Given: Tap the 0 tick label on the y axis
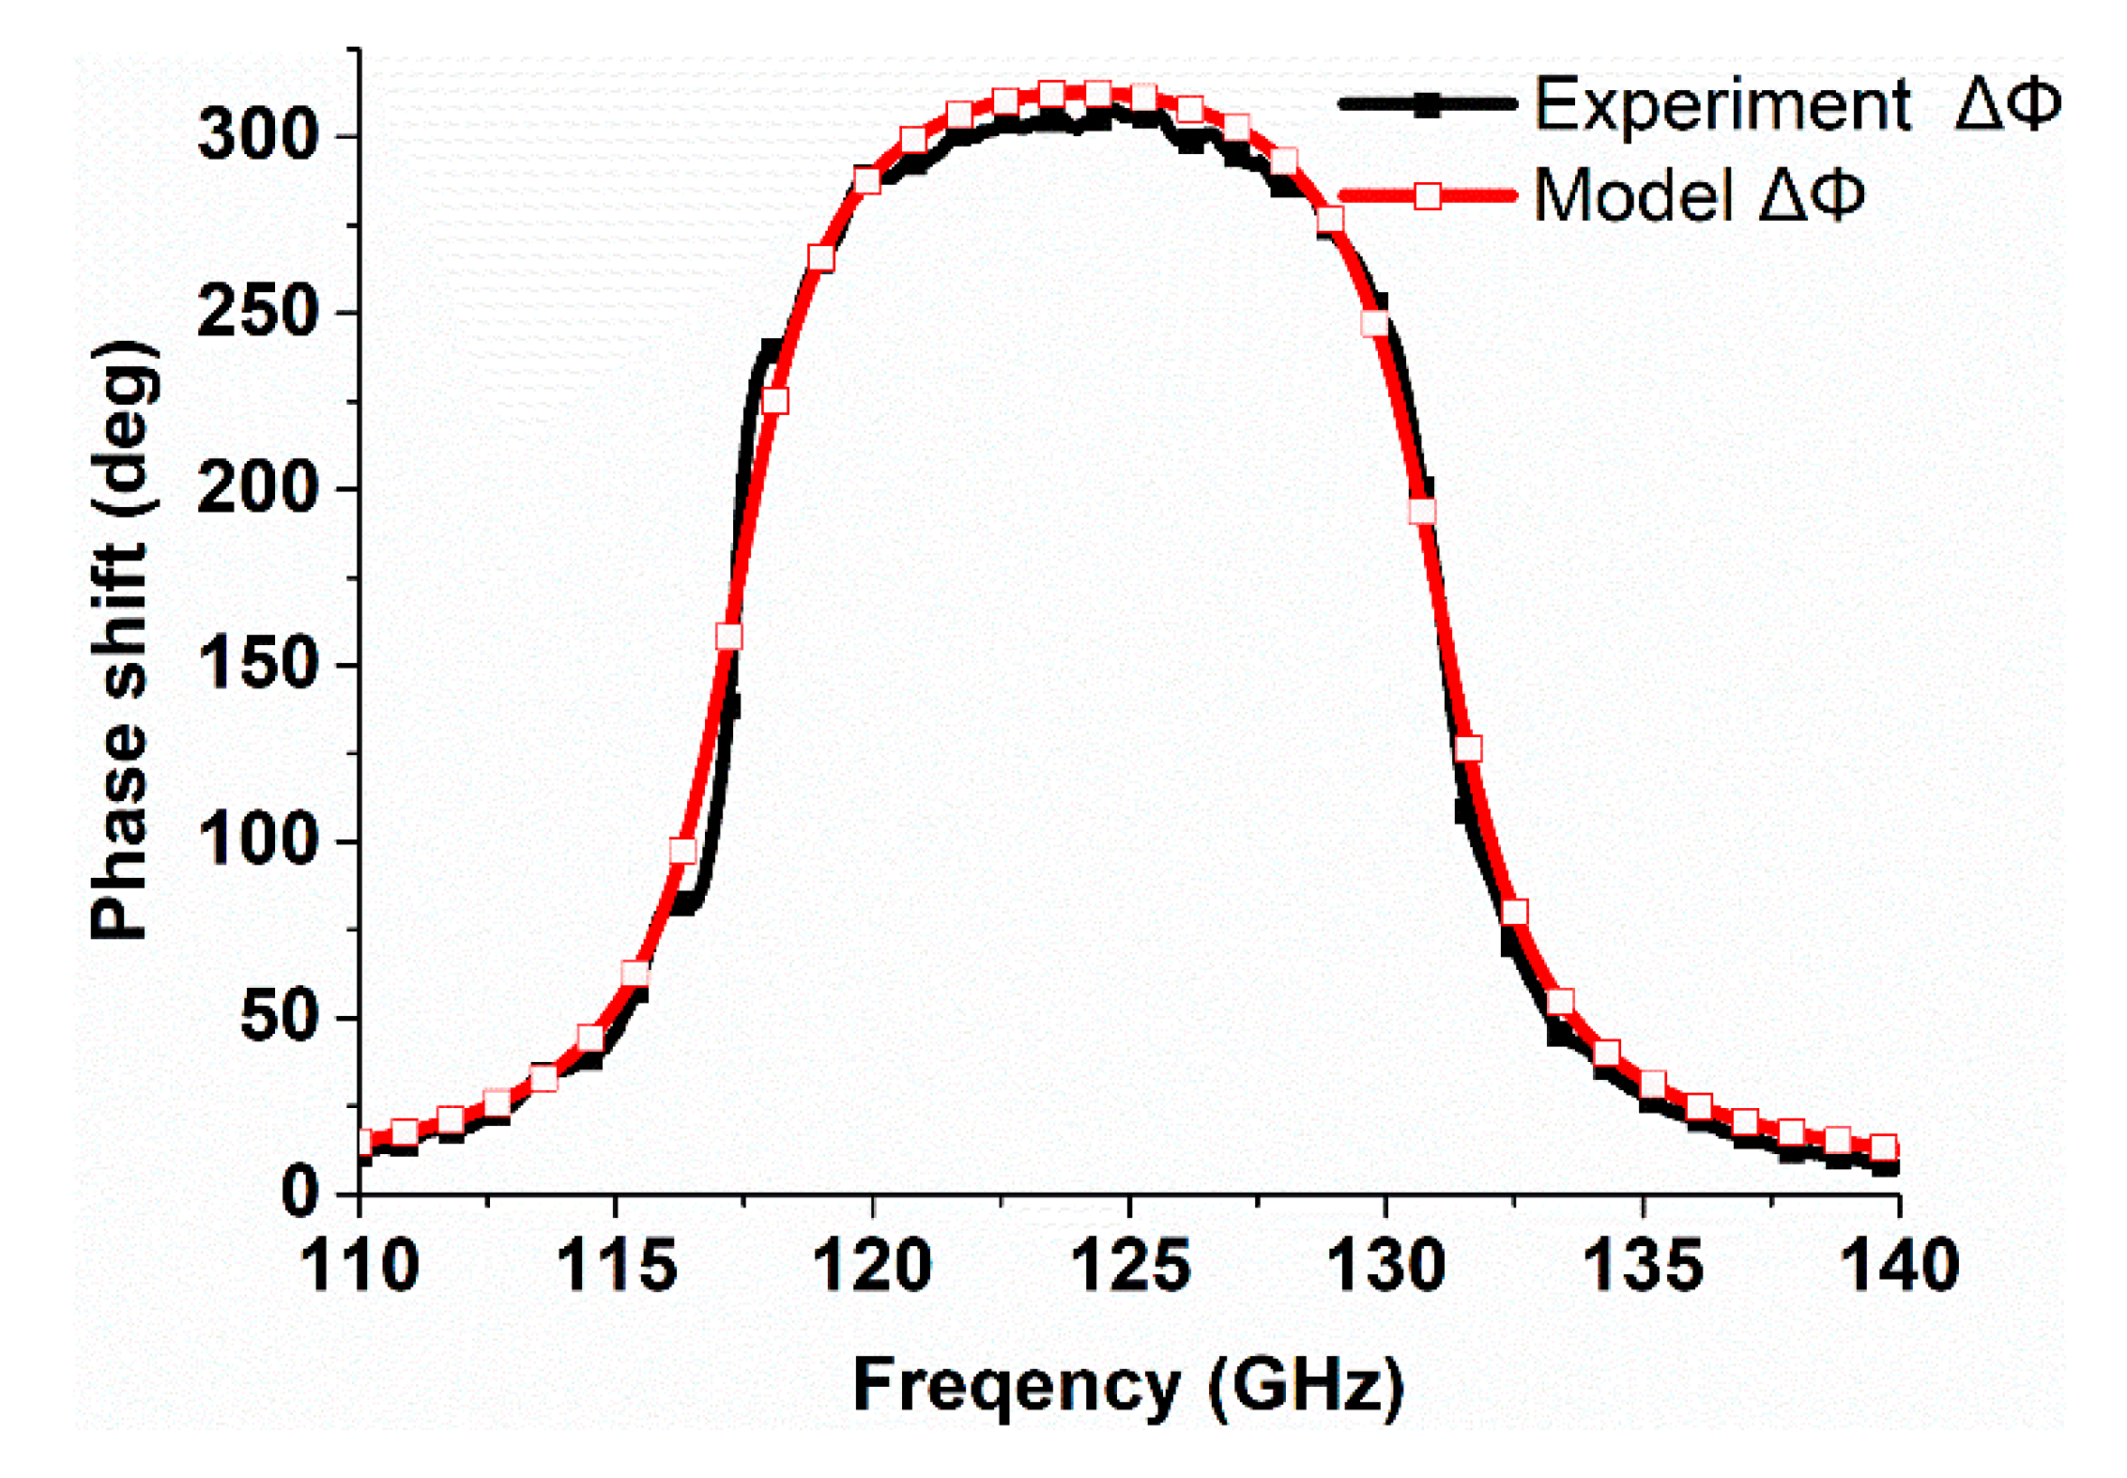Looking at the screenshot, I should tap(299, 1193).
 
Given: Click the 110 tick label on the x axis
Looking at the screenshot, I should tap(359, 1266).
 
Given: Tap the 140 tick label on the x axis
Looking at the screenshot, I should tap(1899, 1266).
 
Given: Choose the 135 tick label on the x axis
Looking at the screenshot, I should tap(1643, 1266).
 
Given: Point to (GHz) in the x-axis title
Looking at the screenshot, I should tap(1306, 1386).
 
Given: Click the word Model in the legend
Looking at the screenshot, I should tap(1633, 196).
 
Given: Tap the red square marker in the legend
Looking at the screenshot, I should tap(1427, 196).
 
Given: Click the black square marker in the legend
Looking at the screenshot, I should tap(1427, 104).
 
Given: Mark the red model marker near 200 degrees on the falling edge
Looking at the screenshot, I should tap(1422, 512).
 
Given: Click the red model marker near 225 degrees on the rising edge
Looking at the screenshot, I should tap(774, 401).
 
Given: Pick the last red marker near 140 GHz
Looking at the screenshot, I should tap(1883, 1147).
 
